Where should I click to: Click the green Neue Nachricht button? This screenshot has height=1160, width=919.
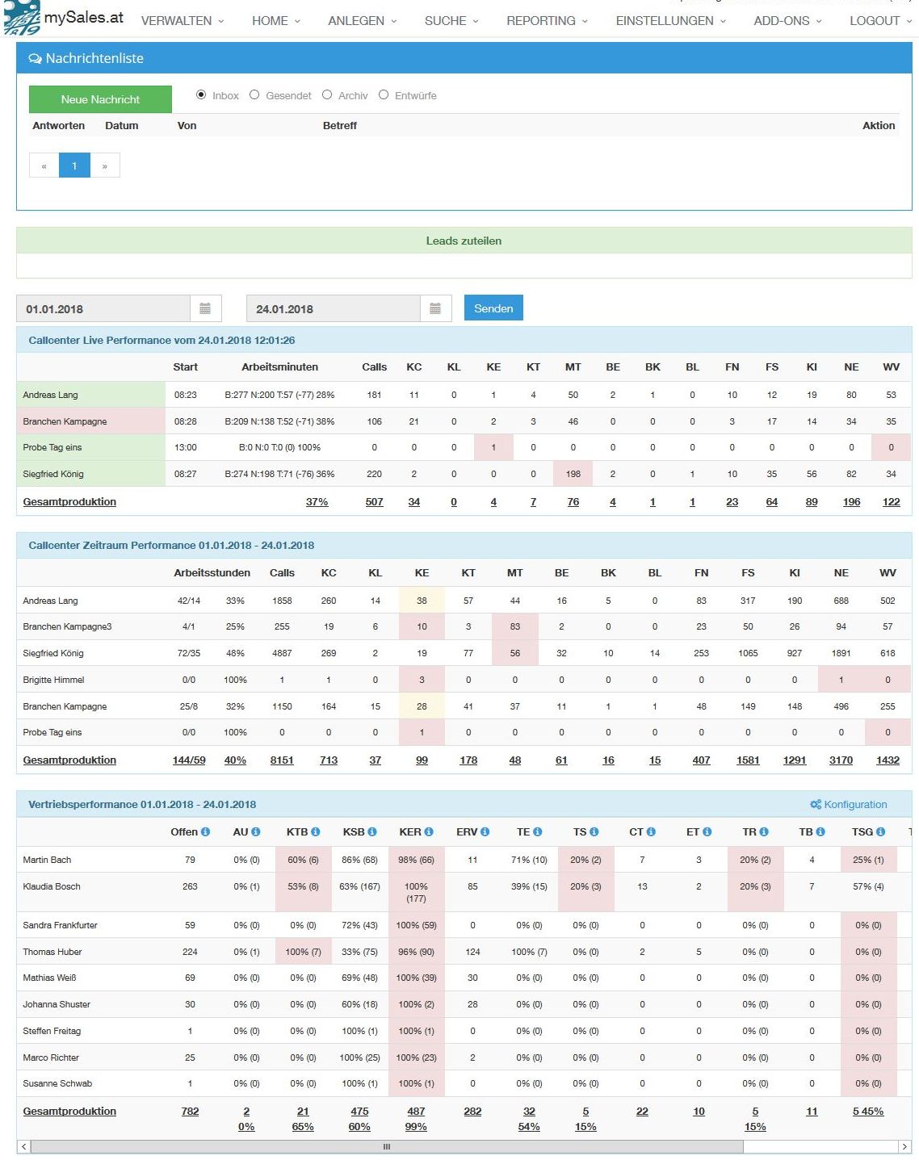pyautogui.click(x=100, y=99)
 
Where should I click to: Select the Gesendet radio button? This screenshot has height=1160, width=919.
pyautogui.click(x=254, y=95)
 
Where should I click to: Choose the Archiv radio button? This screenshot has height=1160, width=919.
pyautogui.click(x=327, y=95)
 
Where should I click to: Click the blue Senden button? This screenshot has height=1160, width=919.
pyautogui.click(x=493, y=308)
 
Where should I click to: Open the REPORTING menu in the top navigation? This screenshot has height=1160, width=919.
pyautogui.click(x=547, y=21)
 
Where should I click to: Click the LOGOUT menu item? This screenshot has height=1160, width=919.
pyautogui.click(x=879, y=21)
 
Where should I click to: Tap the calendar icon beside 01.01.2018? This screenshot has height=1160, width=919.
pyautogui.click(x=205, y=308)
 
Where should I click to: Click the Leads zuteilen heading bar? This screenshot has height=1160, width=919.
pyautogui.click(x=464, y=241)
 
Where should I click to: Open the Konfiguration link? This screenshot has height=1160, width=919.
pyautogui.click(x=849, y=804)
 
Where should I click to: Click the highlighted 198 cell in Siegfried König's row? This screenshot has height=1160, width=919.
pyautogui.click(x=573, y=474)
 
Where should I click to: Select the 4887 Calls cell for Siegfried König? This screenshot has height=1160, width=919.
pyautogui.click(x=282, y=653)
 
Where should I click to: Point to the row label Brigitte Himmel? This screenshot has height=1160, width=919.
pyautogui.click(x=53, y=680)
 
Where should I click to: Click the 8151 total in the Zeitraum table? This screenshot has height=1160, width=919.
pyautogui.click(x=282, y=760)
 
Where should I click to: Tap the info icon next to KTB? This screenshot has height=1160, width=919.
pyautogui.click(x=316, y=831)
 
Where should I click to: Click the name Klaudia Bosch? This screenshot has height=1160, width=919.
pyautogui.click(x=52, y=886)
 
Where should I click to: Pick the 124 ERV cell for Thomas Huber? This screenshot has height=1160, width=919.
pyautogui.click(x=472, y=952)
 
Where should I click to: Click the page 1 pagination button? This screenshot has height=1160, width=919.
pyautogui.click(x=74, y=165)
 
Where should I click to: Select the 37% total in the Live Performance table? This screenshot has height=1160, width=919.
pyautogui.click(x=317, y=501)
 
